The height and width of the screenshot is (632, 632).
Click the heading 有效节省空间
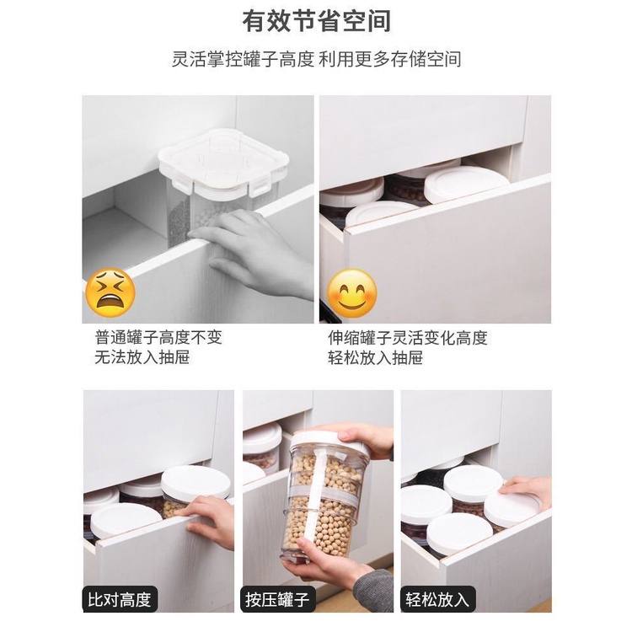[316, 21]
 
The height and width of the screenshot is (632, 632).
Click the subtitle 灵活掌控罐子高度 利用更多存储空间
[316, 59]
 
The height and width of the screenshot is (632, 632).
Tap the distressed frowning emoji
[111, 292]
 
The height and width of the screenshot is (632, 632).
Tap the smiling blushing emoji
[351, 293]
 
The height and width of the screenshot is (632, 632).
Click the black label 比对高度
[120, 599]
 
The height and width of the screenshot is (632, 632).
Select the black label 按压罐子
[278, 599]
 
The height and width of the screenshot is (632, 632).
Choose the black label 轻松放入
[437, 599]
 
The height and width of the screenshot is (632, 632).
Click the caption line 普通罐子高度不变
[158, 337]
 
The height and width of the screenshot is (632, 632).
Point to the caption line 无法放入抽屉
[142, 357]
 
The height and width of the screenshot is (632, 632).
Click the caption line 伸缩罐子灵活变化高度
[408, 338]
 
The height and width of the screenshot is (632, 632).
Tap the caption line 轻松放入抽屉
[375, 357]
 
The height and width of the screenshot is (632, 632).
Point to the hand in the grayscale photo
[257, 254]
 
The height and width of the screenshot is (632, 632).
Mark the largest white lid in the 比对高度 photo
[195, 485]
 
